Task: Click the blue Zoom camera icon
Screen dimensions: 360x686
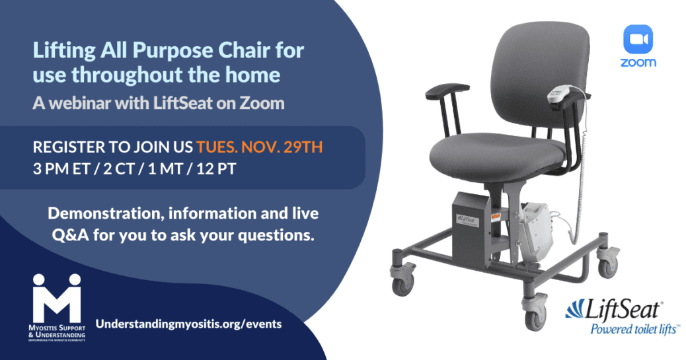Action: (x=638, y=40)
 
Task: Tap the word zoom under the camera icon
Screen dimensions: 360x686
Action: (x=638, y=63)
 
